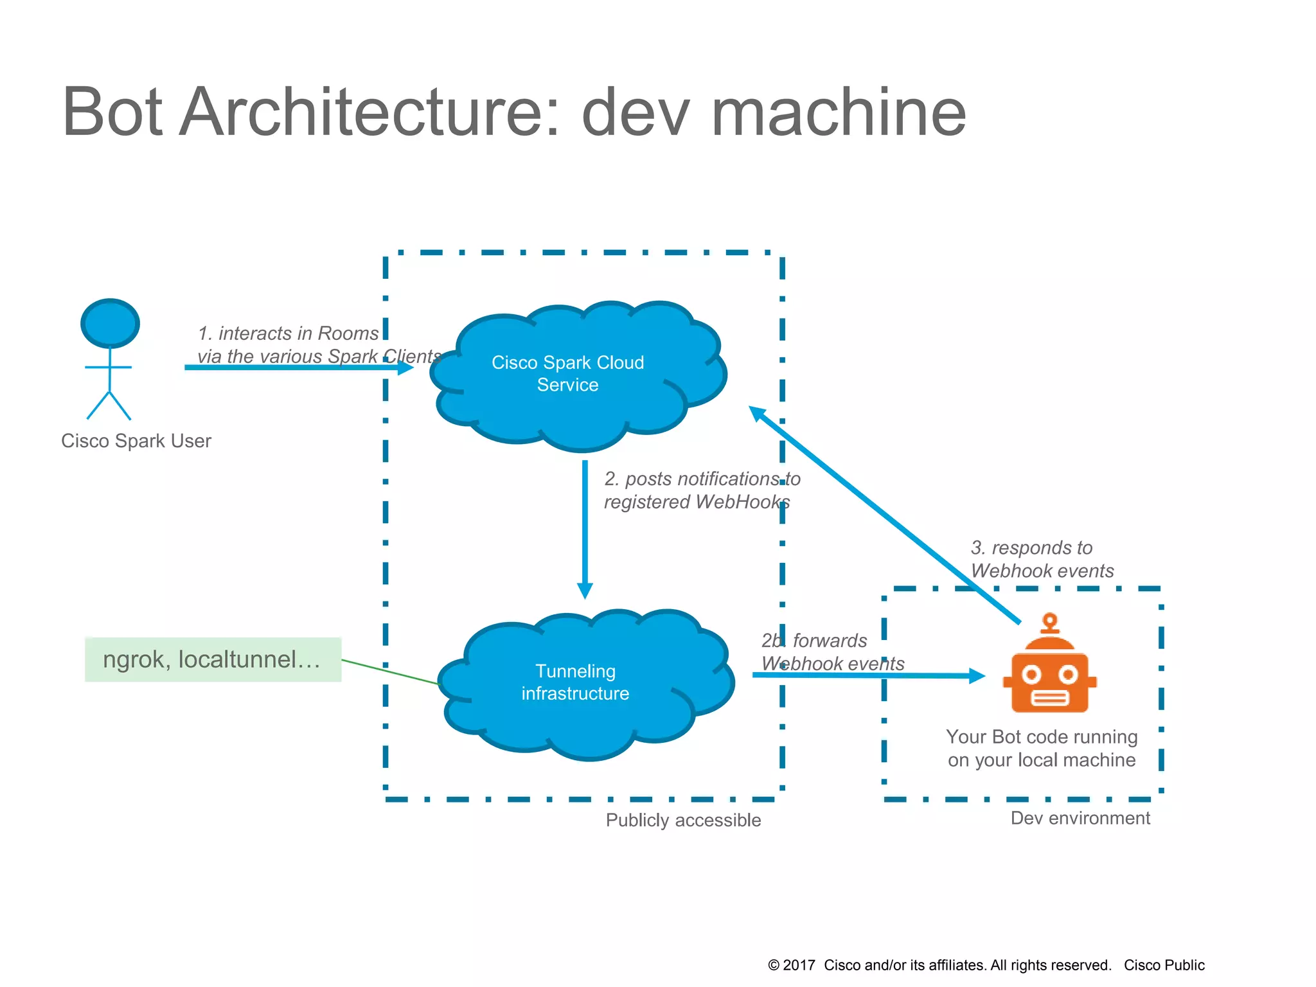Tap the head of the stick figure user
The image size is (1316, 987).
coord(110,323)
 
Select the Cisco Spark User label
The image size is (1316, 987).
coord(136,441)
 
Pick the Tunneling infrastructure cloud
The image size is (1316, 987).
coord(575,682)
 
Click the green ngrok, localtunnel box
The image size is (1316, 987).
coord(213,659)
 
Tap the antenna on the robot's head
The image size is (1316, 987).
coord(1050,622)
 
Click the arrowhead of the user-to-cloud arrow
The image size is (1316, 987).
coord(405,368)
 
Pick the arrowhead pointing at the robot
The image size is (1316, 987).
coord(977,675)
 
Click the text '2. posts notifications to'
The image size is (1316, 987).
coord(702,479)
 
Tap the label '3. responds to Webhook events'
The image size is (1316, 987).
coord(1041,559)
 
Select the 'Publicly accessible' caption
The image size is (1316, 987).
coord(683,821)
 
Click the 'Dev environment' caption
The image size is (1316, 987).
coord(1080,818)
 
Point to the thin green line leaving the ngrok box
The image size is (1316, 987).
coord(389,672)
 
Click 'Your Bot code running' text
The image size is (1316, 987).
coord(1042,737)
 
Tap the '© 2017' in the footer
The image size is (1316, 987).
coord(792,965)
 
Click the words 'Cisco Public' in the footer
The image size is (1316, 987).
coord(1164,965)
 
